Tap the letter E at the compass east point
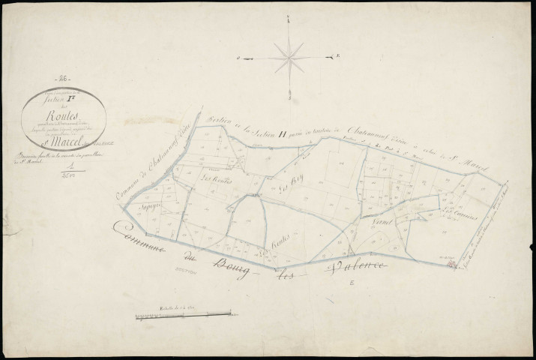[x=340, y=55]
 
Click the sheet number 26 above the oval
[x=62, y=78]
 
